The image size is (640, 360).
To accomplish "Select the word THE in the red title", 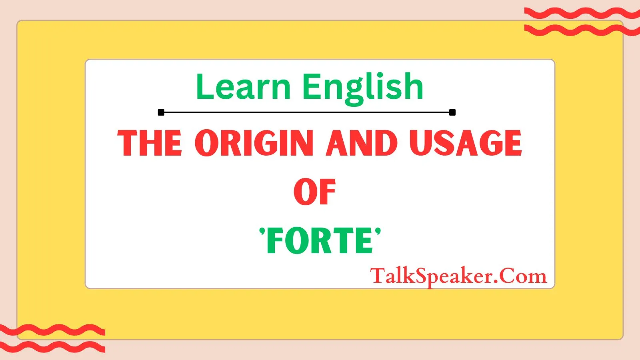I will [x=150, y=143].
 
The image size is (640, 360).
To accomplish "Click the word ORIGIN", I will [x=254, y=143].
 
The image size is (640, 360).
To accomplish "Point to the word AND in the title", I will [x=362, y=143].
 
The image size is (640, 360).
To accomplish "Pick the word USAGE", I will [x=466, y=143].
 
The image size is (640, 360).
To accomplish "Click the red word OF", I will [x=314, y=192].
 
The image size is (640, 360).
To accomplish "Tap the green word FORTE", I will [x=320, y=241].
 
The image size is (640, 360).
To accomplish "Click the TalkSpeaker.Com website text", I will [x=458, y=276].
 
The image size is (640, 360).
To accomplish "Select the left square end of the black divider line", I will [x=161, y=112].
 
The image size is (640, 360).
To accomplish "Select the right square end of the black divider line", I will [x=452, y=112].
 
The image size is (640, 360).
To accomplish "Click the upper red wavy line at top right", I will [x=582, y=14].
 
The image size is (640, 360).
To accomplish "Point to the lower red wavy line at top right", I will [x=582, y=30].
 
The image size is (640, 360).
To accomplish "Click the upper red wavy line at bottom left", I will [x=52, y=330].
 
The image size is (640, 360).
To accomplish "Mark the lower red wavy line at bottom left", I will [x=52, y=347].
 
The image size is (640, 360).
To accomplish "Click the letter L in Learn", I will [x=203, y=87].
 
